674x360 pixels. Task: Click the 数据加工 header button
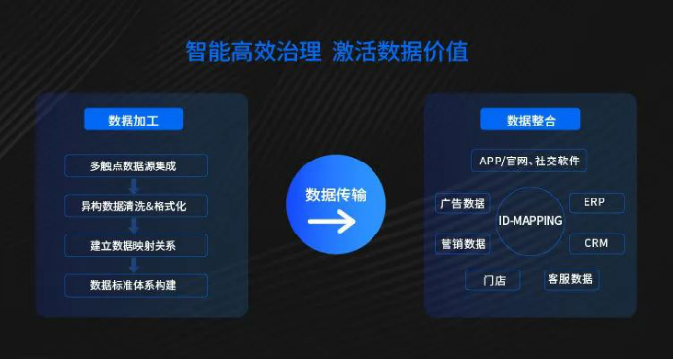pos(133,120)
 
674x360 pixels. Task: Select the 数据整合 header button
pos(530,120)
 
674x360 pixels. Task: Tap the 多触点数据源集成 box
pos(135,166)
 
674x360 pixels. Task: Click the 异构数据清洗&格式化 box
pos(135,205)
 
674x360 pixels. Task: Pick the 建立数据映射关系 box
pos(135,245)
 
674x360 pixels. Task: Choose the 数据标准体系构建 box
pos(135,285)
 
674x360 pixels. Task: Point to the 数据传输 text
pos(336,195)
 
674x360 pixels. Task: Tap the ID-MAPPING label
pos(530,221)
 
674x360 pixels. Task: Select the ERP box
pos(595,202)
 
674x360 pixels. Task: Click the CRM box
pos(595,243)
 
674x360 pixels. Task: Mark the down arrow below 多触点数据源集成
pos(135,186)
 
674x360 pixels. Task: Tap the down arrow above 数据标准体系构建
pos(135,266)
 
